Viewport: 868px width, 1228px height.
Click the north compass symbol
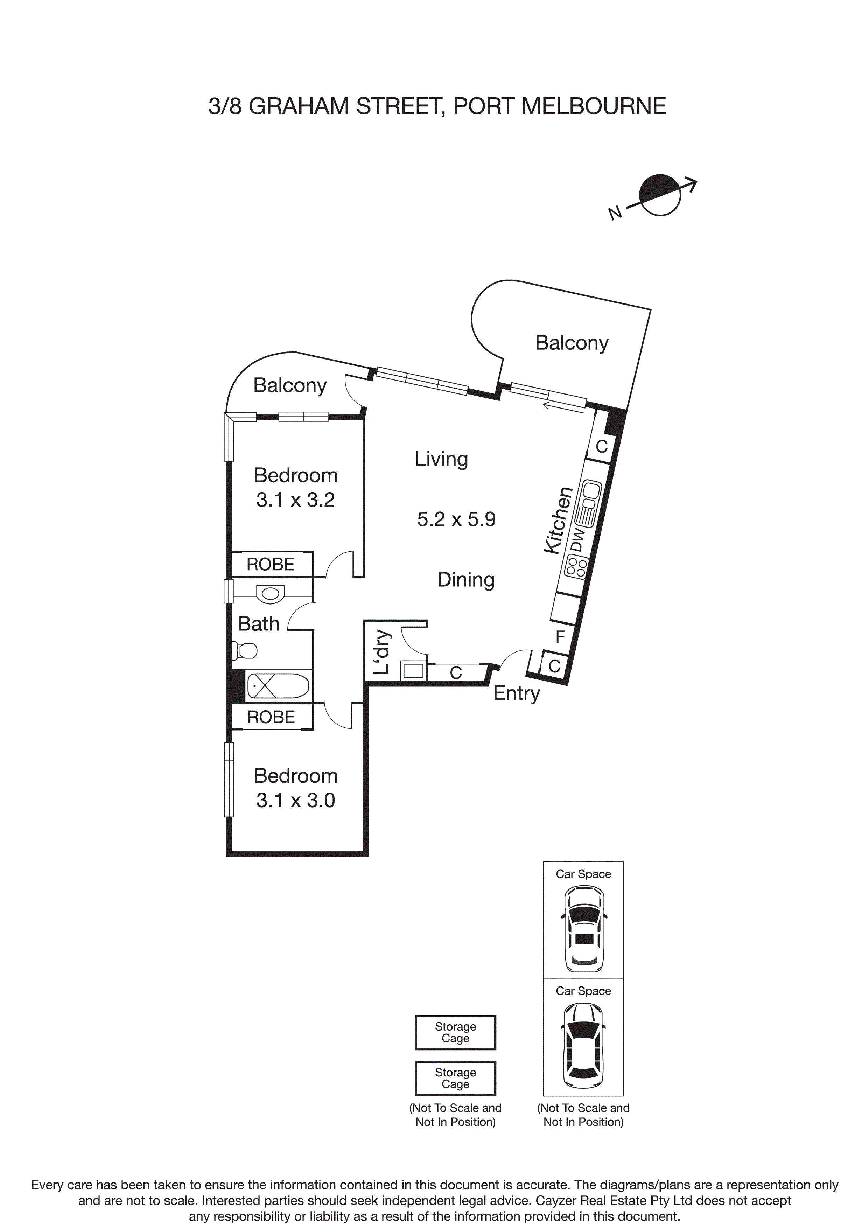click(x=660, y=195)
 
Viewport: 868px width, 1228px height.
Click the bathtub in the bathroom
click(x=278, y=686)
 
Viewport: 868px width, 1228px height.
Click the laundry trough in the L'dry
click(x=413, y=670)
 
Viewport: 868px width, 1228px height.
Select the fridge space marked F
click(x=560, y=637)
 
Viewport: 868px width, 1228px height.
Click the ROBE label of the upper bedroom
click(x=271, y=564)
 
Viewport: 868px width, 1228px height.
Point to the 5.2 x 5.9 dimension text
click(x=456, y=519)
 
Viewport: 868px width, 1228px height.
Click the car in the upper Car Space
click(x=584, y=929)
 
